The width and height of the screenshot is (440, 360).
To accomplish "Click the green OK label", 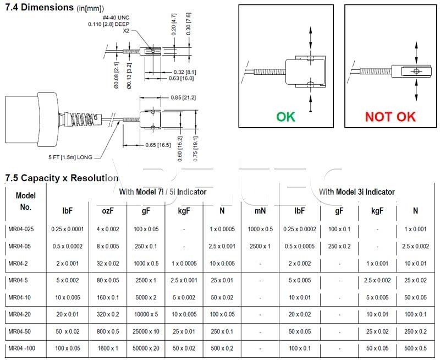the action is [285, 117].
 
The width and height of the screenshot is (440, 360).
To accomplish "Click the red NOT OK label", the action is [391, 117].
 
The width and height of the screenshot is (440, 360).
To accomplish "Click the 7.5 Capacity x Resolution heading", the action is [62, 178].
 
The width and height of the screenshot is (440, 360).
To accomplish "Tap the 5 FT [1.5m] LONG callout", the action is [70, 157].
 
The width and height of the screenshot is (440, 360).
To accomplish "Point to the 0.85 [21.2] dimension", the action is [183, 98].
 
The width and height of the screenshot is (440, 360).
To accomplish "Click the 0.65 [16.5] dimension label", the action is [158, 145].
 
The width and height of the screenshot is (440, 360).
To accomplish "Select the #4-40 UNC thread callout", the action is [116, 18].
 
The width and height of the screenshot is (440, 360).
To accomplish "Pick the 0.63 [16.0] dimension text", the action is [181, 78].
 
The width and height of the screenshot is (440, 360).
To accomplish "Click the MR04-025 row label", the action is [21, 229].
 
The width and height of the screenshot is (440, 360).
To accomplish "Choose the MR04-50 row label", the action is [20, 331].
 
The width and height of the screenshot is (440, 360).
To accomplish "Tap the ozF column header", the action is [108, 211].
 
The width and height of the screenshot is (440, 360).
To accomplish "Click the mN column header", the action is [260, 211].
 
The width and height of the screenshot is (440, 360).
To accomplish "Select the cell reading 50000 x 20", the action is [146, 348].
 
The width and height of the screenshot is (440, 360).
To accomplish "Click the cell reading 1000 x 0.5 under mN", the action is [260, 229].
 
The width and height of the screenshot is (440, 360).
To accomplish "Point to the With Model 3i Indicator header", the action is [357, 192].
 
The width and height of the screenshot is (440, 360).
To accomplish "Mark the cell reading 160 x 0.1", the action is [108, 297].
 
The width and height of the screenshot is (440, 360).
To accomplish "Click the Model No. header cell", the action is [25, 201].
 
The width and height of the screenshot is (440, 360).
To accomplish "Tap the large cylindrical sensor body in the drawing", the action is [31, 120].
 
